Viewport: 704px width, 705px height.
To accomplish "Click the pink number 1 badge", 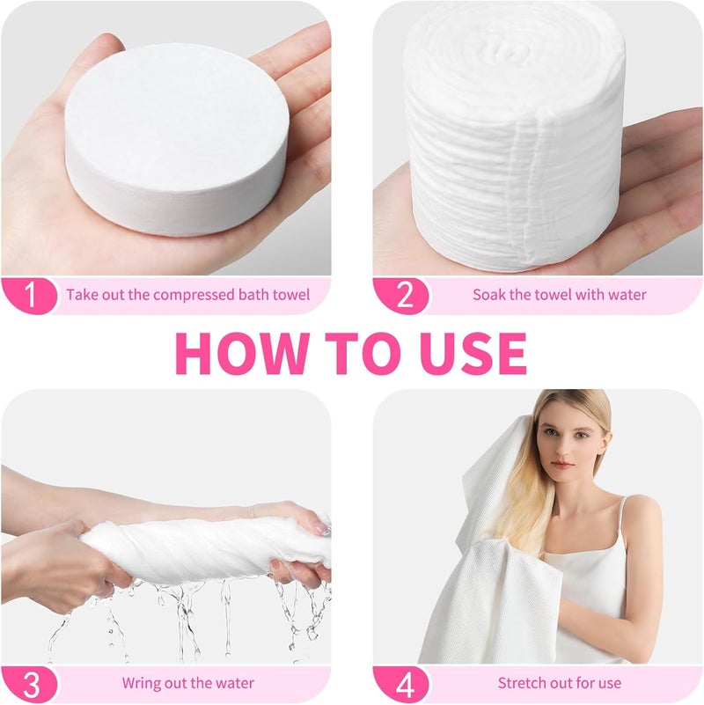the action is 30,296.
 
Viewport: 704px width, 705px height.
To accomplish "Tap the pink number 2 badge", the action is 401,296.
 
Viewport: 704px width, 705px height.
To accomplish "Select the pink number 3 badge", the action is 30,685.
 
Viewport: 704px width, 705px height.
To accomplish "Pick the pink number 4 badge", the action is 401,685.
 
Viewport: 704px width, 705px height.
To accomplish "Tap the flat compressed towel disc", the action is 177,138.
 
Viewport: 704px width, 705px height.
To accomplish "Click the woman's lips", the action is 563,465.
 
